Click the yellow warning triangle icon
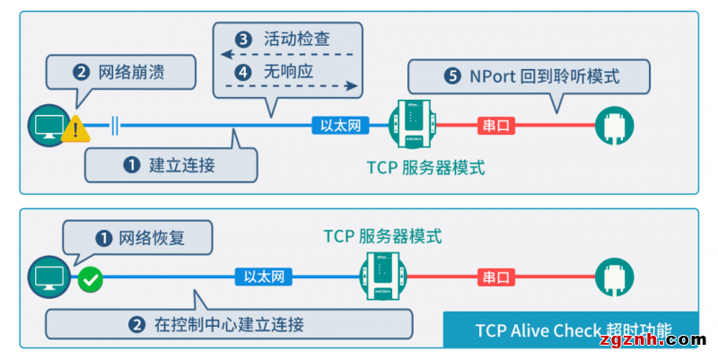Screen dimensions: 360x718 click(77, 129)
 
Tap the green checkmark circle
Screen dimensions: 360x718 click(90, 279)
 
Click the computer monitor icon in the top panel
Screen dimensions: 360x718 click(46, 125)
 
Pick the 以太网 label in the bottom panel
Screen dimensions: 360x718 click(264, 276)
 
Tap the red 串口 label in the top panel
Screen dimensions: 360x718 click(495, 125)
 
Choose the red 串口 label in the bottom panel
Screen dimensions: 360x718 click(495, 276)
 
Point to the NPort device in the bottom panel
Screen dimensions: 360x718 click(381, 275)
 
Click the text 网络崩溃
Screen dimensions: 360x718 click(131, 70)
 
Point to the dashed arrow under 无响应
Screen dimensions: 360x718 click(289, 86)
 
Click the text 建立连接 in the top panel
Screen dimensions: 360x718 click(182, 165)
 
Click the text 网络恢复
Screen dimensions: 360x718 click(151, 239)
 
